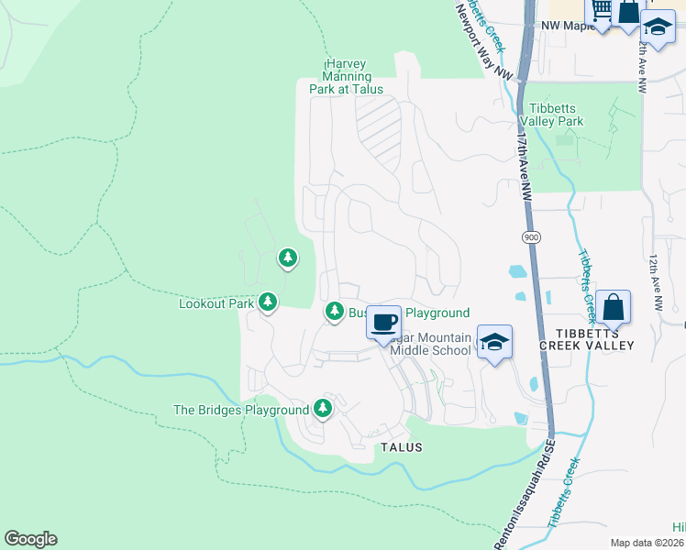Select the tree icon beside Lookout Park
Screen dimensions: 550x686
click(x=268, y=301)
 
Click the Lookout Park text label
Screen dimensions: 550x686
click(x=216, y=302)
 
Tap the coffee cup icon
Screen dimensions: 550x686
click(x=384, y=322)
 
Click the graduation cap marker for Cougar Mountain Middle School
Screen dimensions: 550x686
click(x=494, y=343)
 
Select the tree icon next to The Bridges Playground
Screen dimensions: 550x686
click(x=322, y=407)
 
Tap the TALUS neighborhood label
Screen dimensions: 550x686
click(x=402, y=447)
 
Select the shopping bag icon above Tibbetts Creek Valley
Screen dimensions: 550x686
click(x=613, y=306)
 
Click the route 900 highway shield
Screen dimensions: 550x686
click(x=531, y=237)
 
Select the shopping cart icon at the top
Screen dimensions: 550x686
click(x=601, y=10)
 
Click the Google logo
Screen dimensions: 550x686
click(x=30, y=539)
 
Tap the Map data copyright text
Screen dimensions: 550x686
click(x=647, y=543)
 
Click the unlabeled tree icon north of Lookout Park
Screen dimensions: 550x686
click(x=288, y=258)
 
